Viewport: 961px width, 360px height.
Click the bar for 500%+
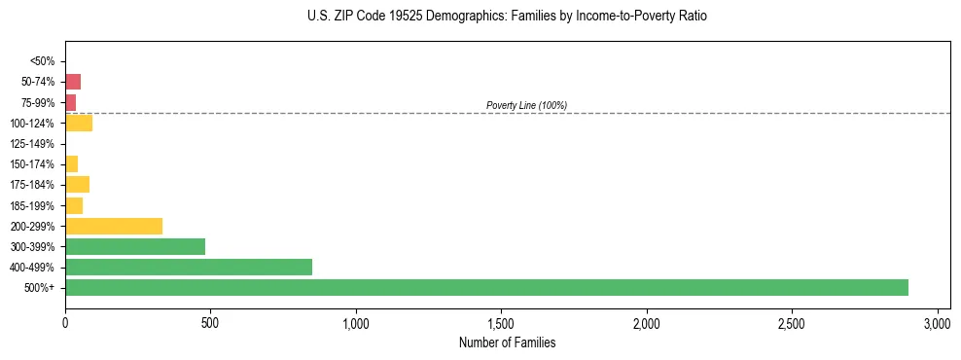486,287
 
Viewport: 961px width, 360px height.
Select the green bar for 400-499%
189,267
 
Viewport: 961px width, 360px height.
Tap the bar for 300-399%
135,246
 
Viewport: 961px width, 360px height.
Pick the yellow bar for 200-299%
114,226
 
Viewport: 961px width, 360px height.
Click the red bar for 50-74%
73,82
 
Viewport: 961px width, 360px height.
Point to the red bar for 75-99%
70,102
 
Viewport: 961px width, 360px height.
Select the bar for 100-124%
79,123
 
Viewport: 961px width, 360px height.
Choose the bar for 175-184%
77,184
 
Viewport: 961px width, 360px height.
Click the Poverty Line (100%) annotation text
526,105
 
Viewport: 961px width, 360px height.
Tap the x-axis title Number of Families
508,342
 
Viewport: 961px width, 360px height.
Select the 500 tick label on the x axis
210,322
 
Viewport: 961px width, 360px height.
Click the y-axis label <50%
42,61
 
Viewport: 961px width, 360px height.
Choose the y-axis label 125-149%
32,144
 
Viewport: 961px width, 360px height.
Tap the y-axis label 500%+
40,288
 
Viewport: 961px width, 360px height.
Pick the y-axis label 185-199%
32,205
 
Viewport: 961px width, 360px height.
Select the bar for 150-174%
71,163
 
